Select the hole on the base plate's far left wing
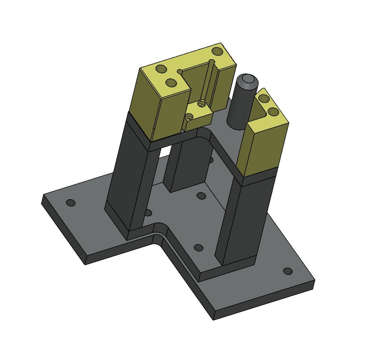point(70,203)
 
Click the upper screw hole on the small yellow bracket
point(202,104)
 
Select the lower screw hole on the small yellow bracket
point(189,117)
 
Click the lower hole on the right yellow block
point(273,112)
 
